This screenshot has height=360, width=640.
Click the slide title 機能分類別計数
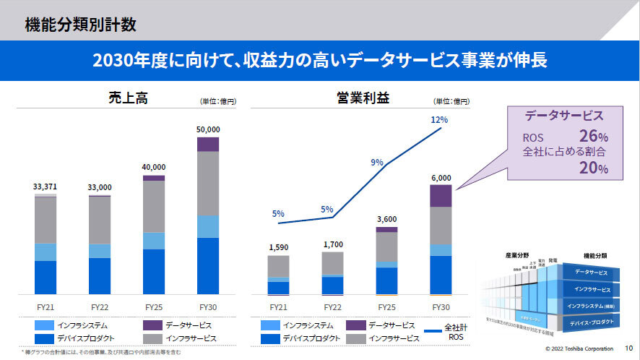[81, 25]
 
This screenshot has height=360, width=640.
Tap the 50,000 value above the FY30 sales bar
[208, 129]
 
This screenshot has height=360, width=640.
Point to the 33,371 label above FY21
[46, 186]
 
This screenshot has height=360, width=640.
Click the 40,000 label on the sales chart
[153, 166]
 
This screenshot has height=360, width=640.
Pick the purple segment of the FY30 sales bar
[208, 144]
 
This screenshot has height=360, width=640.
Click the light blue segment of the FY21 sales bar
[46, 252]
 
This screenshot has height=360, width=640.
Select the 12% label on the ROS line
[439, 119]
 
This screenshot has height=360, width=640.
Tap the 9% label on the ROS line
[377, 163]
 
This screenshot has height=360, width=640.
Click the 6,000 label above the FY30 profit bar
[441, 177]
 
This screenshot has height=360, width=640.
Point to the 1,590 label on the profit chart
[278, 247]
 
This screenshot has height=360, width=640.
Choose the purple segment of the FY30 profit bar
[441, 196]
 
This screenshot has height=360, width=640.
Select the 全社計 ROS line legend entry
[444, 331]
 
